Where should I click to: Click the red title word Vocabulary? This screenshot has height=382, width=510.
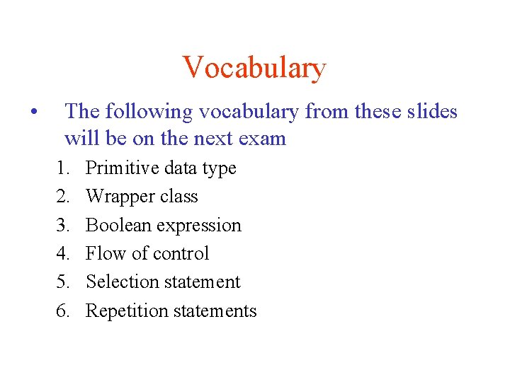point(254,69)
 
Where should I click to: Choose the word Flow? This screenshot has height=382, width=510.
point(103,254)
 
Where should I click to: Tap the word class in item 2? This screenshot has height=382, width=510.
point(179,197)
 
